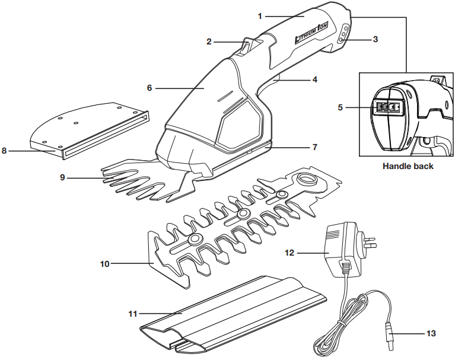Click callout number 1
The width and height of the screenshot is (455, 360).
click(x=259, y=16)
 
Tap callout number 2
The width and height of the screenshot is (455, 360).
click(x=209, y=42)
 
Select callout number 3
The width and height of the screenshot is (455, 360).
click(x=376, y=39)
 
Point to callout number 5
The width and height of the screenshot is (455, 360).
click(x=339, y=107)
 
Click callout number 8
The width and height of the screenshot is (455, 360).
click(x=5, y=151)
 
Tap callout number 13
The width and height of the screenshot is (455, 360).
click(x=431, y=333)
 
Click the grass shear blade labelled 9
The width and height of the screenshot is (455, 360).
click(x=142, y=178)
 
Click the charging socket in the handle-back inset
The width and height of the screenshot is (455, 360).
click(x=388, y=107)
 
